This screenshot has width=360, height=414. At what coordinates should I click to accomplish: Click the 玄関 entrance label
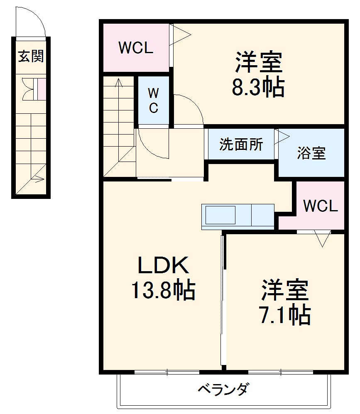pyautogui.click(x=31, y=56)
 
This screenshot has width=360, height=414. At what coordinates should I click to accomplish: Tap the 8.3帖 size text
pyautogui.click(x=258, y=88)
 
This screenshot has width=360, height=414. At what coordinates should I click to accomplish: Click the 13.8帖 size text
pyautogui.click(x=163, y=290)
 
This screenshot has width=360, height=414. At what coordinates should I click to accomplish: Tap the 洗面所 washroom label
pyautogui.click(x=241, y=145)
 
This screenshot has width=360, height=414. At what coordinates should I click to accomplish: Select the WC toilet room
pyautogui.click(x=153, y=100)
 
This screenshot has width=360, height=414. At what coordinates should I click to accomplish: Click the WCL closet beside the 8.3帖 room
pyautogui.click(x=136, y=48)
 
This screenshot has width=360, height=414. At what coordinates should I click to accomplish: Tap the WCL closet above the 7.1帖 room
pyautogui.click(x=320, y=206)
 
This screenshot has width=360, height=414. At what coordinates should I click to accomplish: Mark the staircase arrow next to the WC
pyautogui.click(x=119, y=83)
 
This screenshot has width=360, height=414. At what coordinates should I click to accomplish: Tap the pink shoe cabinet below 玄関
pyautogui.click(x=42, y=89)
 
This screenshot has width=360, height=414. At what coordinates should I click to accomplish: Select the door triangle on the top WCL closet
pyautogui.click(x=181, y=34)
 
